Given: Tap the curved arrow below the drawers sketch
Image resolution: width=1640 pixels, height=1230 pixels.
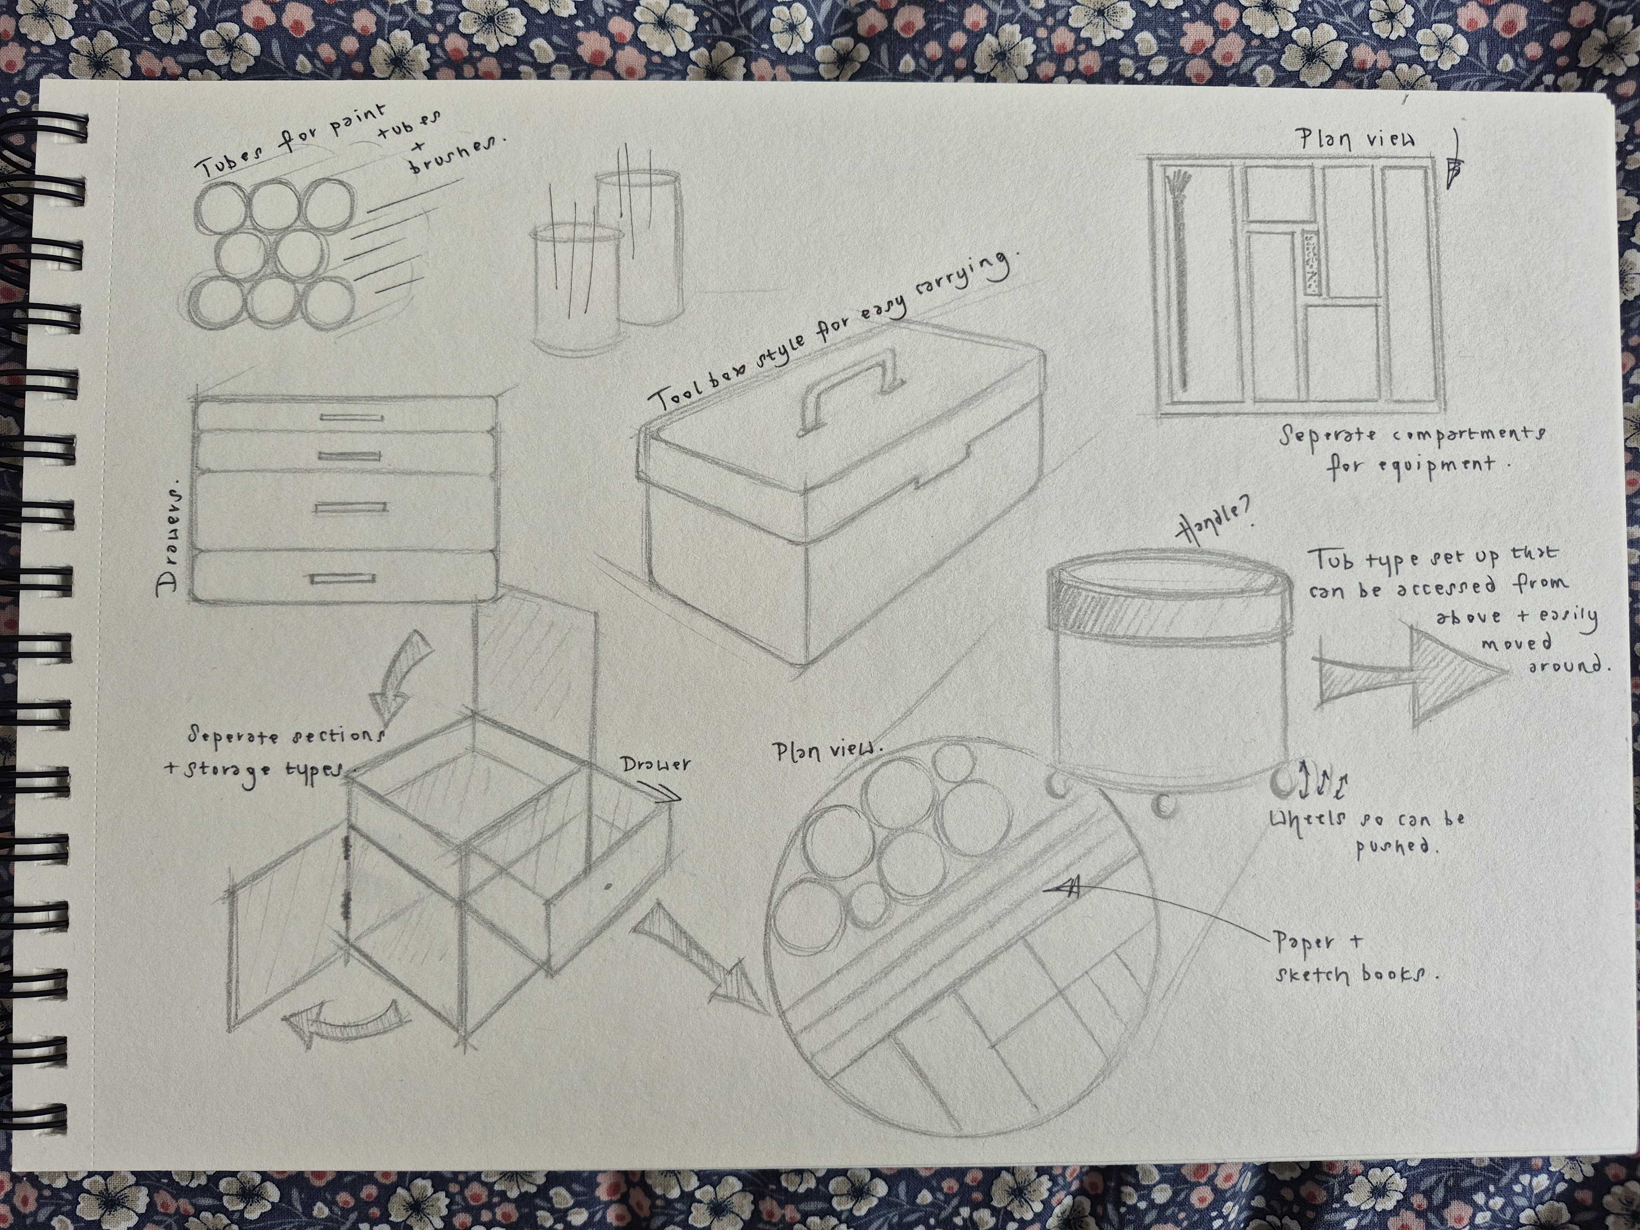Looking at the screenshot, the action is pos(397,675).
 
